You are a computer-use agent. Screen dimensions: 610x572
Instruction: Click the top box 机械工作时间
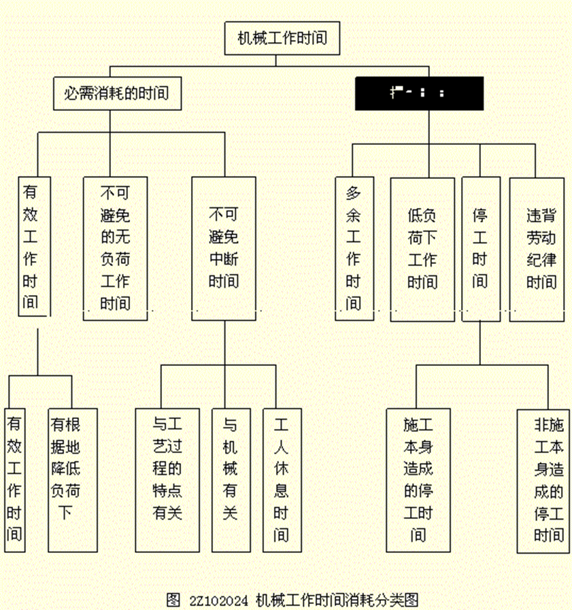coord(282,37)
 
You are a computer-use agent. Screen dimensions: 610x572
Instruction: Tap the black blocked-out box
coord(418,94)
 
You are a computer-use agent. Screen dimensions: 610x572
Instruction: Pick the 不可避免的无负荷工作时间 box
coord(115,248)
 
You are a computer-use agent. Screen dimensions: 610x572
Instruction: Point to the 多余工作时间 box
coord(354,248)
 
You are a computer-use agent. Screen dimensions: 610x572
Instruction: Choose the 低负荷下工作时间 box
coord(422,248)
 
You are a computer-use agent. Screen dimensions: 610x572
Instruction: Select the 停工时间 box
coord(480,248)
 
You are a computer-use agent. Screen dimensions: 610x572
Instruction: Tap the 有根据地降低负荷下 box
coord(72,479)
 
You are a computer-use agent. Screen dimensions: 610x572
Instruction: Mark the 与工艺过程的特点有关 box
coord(167,479)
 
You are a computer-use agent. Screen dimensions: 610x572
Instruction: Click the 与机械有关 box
coord(231,479)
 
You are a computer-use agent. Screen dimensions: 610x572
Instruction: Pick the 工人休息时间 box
coord(282,479)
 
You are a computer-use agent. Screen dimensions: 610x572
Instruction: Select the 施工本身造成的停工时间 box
coord(418,479)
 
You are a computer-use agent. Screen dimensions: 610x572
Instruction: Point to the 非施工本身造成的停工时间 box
coord(542,479)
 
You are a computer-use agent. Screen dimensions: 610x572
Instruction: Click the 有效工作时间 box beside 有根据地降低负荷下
coord(14,479)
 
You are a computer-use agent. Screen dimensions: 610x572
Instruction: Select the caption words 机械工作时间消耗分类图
coord(336,600)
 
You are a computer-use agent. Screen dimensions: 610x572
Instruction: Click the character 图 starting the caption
coord(173,600)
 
